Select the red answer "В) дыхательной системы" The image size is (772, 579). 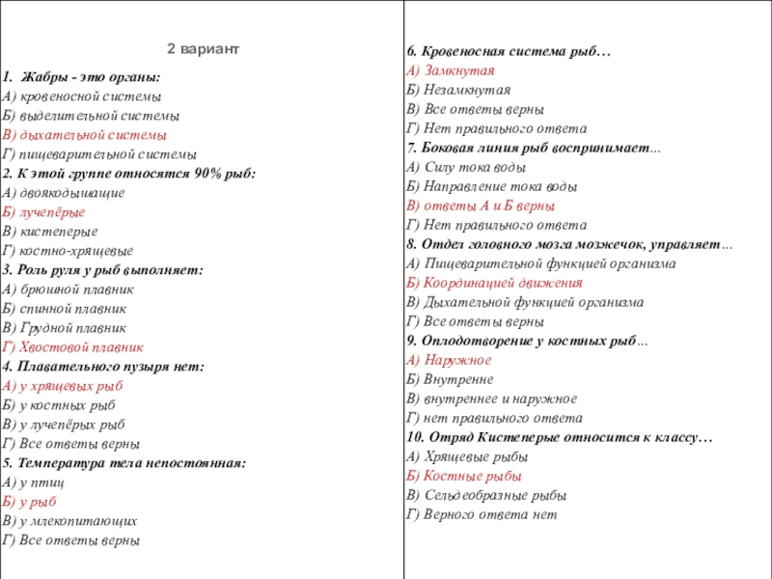pyautogui.click(x=84, y=135)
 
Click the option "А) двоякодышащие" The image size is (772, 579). pyautogui.click(x=64, y=193)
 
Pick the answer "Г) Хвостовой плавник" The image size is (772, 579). pyautogui.click(x=73, y=347)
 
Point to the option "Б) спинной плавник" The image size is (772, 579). pyautogui.click(x=65, y=309)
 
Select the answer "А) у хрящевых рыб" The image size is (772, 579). pyautogui.click(x=63, y=386)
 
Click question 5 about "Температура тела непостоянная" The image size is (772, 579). pyautogui.click(x=124, y=463)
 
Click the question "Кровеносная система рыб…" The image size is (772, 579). pyautogui.click(x=508, y=51)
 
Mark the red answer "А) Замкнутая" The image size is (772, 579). pyautogui.click(x=451, y=70)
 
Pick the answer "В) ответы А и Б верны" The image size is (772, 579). pyautogui.click(x=480, y=206)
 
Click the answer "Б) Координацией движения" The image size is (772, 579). pyautogui.click(x=494, y=283)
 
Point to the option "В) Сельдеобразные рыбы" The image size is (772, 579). pyautogui.click(x=485, y=495)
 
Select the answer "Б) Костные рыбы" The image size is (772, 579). pyautogui.click(x=464, y=476)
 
